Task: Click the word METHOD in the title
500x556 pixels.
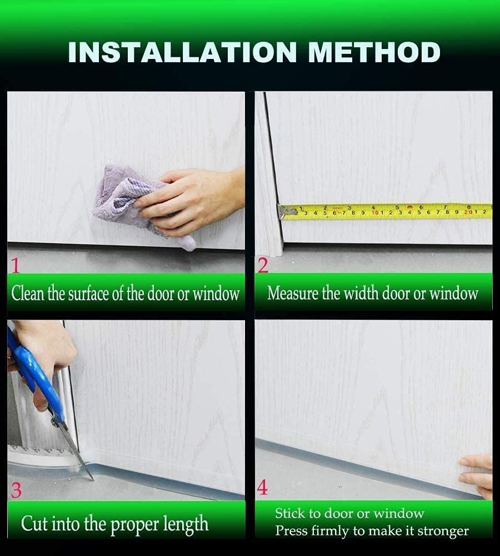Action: coord(374,52)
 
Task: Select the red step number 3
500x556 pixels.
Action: coord(16,490)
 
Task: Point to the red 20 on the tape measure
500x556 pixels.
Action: coord(468,212)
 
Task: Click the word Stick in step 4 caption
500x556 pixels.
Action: coord(289,514)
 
